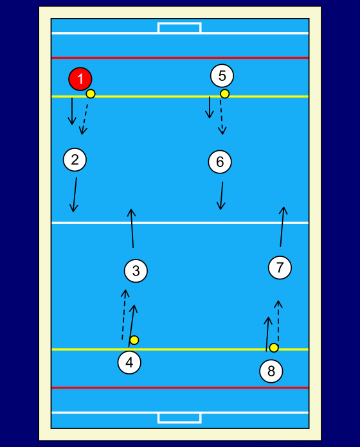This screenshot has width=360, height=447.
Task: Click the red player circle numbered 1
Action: [80, 79]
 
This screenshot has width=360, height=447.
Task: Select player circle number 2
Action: [75, 160]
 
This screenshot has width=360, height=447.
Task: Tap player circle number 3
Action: [136, 271]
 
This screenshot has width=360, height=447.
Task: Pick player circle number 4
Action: [129, 363]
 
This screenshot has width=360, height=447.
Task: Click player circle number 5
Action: [222, 76]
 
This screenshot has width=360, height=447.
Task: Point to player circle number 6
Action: [220, 162]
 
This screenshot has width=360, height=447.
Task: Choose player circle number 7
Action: [280, 267]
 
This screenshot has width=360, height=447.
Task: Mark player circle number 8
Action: [271, 371]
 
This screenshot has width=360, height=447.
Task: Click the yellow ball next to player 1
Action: [91, 94]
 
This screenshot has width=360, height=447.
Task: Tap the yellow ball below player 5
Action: [224, 94]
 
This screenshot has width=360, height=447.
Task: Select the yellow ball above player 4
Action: [134, 340]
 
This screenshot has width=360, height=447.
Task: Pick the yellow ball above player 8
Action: [274, 348]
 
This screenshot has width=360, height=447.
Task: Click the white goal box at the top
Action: [179, 28]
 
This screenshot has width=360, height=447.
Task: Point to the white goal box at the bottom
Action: [179, 418]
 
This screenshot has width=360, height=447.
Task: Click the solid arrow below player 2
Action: [75, 195]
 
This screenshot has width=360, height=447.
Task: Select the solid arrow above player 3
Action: [132, 228]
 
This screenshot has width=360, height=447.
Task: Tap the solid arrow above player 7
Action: [282, 227]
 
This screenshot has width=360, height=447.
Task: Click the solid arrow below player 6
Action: [221, 196]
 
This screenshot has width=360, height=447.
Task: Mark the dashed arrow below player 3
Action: [124, 315]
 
